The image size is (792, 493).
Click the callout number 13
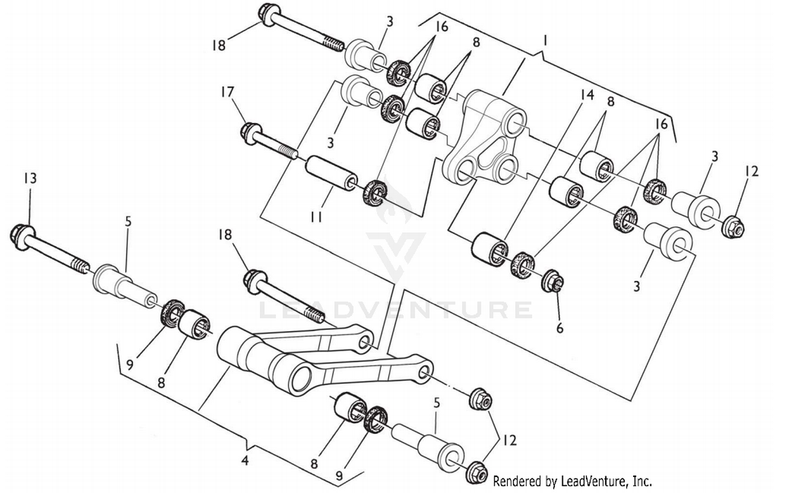[30, 178]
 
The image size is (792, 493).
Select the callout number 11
[316, 217]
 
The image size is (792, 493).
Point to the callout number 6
[559, 328]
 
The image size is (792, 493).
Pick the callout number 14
[587, 95]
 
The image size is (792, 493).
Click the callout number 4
[244, 460]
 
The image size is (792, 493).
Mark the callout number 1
[545, 40]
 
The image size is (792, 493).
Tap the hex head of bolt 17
[250, 130]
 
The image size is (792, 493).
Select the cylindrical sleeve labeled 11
[330, 174]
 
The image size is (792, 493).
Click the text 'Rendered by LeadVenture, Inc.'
[572, 481]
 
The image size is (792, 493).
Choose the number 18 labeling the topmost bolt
[218, 45]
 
